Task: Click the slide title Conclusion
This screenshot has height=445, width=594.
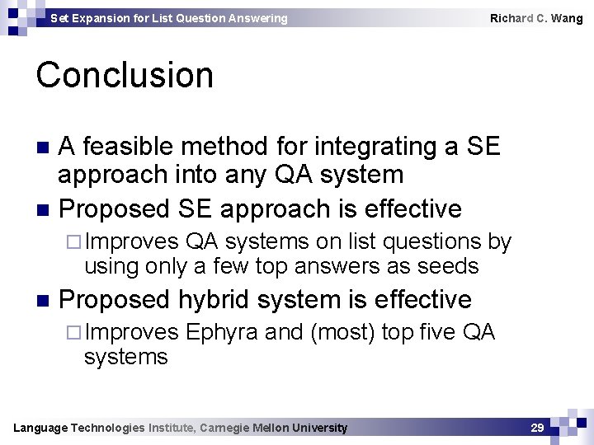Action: tap(125, 75)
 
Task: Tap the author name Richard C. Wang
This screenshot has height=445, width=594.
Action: tap(535, 18)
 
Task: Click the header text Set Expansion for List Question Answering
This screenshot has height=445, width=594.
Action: tap(169, 18)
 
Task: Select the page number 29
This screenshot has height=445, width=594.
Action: tap(537, 428)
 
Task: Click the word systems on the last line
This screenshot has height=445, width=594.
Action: tap(125, 357)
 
